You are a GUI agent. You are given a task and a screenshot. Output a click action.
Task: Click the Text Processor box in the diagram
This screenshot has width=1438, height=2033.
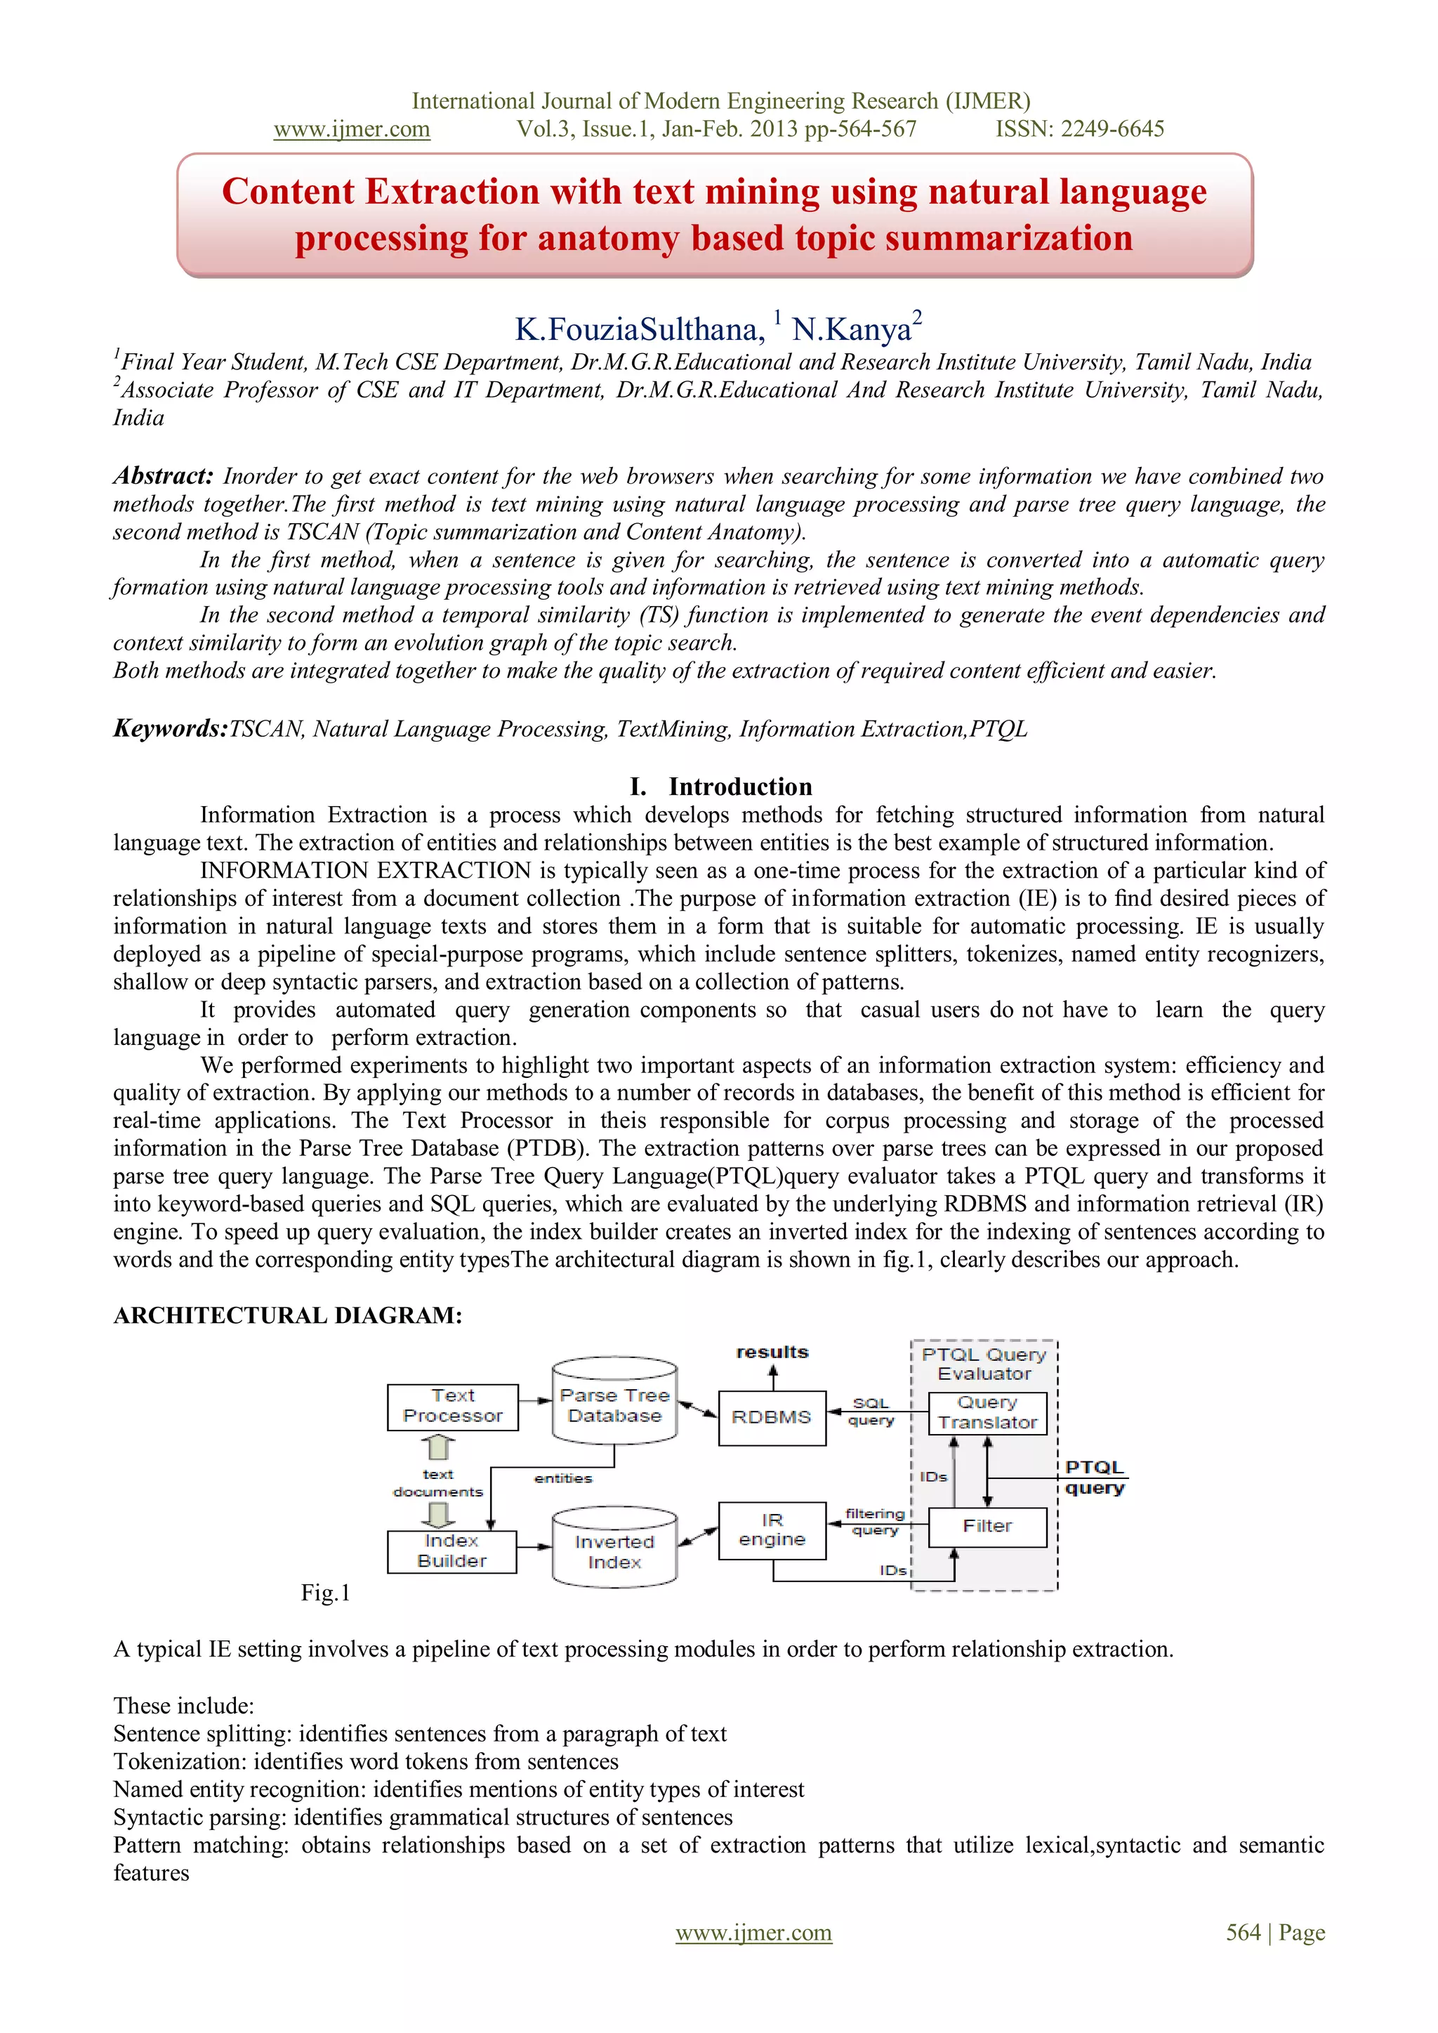pos(452,1406)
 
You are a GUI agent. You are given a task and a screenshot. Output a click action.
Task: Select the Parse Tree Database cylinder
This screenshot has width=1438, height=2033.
pos(614,1405)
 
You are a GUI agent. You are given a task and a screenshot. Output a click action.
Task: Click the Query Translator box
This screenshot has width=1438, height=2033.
pos(987,1413)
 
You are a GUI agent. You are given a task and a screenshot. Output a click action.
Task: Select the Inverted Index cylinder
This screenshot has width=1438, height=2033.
pos(614,1551)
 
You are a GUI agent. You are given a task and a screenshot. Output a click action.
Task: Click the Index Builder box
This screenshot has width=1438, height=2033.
pos(451,1551)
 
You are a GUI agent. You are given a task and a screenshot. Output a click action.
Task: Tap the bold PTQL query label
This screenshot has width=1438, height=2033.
pos(1095,1478)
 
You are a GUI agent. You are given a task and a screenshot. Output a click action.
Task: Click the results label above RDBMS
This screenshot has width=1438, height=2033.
pos(772,1352)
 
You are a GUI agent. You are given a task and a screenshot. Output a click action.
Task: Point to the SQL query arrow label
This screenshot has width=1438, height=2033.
pos(871,1412)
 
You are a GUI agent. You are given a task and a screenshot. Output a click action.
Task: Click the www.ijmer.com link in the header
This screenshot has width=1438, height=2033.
pos(352,129)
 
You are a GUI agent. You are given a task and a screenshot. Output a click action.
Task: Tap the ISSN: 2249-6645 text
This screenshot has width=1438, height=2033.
pos(1079,129)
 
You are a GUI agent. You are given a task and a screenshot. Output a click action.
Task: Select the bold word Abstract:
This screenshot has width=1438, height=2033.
pos(163,475)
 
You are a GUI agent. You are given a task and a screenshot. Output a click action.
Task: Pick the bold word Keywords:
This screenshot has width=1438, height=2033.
pos(170,729)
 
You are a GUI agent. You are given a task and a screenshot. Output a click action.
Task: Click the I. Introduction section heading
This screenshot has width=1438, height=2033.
pos(721,787)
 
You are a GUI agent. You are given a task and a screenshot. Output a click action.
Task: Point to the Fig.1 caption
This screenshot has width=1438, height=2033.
pos(325,1593)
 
